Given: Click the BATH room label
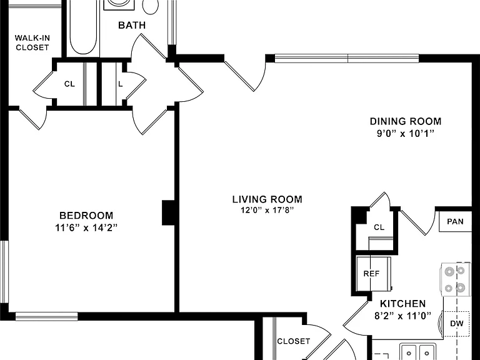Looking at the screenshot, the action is coord(132,25).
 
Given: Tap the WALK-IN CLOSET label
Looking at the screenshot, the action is coord(32,42).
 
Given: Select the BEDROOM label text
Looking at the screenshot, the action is coord(86,216).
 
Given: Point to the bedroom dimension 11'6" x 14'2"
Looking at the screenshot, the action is coord(86,227).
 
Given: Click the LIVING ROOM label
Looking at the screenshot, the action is coord(267,199).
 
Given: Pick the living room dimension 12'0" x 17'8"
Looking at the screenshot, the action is coord(267,210).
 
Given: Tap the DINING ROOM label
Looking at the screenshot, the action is coord(406,121).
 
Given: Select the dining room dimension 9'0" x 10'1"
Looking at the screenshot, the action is coord(406,134).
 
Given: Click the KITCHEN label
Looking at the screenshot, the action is coord(403,304).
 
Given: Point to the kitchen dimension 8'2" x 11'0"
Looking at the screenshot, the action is coord(403,316).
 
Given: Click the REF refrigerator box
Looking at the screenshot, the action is coord(374,274).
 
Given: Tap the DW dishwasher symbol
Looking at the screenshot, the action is coord(456,324).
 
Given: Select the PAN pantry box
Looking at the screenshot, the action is coord(455,222).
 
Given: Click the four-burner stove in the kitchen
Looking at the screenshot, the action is coord(455,279).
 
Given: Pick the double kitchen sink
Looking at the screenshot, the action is coord(418,351).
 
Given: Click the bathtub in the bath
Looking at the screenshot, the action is coord(83,29).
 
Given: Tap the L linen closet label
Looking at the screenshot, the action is coord(121,84).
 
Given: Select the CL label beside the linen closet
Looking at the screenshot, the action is coord(69,84).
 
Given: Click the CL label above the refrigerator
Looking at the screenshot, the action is coord(379,227).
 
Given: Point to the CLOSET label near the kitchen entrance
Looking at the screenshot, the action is coord(294,341).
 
